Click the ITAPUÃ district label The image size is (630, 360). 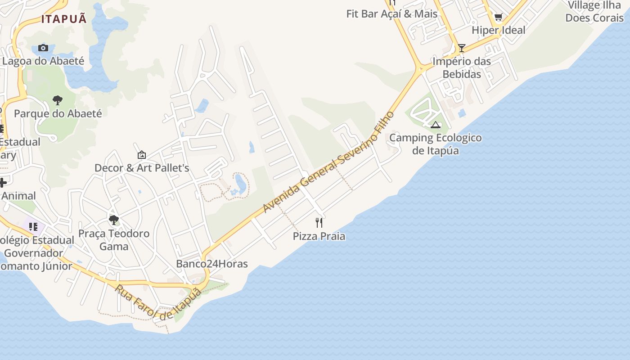(64, 19)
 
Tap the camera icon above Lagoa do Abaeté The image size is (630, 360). (43, 48)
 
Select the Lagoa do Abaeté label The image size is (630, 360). (43, 61)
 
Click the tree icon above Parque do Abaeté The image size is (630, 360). (57, 100)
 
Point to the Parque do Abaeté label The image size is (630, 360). (58, 113)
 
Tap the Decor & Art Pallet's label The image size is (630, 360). (142, 168)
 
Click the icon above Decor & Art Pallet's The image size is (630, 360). (142, 155)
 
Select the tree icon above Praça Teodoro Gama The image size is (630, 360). (114, 220)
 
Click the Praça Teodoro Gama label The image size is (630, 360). (114, 240)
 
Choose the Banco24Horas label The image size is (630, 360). (212, 264)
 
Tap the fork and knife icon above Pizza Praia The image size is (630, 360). (319, 222)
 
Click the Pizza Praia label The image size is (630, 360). (319, 236)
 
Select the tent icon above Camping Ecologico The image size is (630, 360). (435, 125)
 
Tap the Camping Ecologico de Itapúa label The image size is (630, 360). (436, 144)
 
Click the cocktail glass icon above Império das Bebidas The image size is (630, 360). (461, 48)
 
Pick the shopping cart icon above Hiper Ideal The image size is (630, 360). (498, 18)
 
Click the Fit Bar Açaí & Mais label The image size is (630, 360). (391, 14)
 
